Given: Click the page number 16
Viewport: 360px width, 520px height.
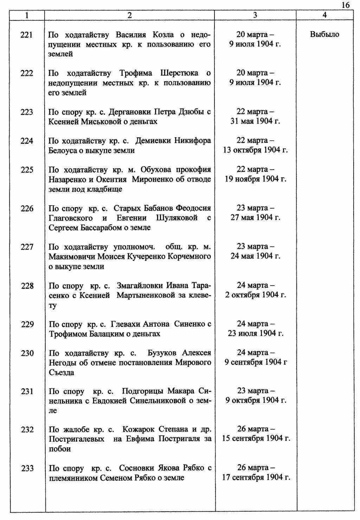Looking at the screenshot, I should coord(345,5).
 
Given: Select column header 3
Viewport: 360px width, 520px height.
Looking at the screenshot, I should coord(255,15).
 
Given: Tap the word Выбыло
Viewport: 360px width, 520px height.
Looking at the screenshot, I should coord(324,34).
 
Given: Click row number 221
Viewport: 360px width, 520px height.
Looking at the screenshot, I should coord(27,35).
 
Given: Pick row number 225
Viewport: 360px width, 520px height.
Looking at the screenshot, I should coord(27,170).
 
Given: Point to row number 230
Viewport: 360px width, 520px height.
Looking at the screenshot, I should coord(27,353).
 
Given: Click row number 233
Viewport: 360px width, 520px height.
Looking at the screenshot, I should coord(27,468).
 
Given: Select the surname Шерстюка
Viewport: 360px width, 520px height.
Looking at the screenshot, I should coord(179,73).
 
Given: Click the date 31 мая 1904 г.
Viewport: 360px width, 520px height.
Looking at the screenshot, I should coord(255,122).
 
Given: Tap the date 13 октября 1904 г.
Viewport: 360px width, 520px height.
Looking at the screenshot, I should coord(255,150).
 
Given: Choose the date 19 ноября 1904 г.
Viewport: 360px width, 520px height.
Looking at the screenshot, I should coord(256,179).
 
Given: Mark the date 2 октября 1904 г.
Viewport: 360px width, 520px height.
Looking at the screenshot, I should coord(256,295).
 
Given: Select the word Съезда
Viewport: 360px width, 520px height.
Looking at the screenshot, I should coord(62,372).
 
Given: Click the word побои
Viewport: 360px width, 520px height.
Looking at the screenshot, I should coord(60,449).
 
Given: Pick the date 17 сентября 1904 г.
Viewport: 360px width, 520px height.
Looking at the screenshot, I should coord(256,478).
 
